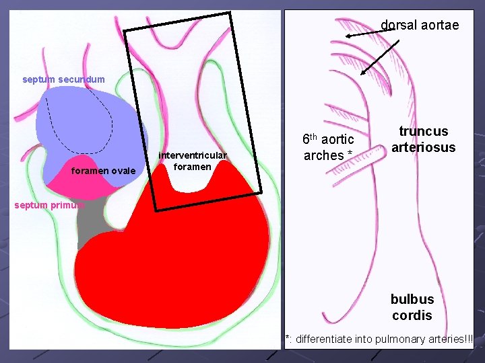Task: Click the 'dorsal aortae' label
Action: (420, 25)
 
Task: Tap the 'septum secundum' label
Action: (63, 79)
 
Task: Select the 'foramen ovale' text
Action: (103, 171)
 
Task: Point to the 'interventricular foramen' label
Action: (193, 161)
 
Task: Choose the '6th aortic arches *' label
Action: (328, 147)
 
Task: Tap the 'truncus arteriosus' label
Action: (423, 139)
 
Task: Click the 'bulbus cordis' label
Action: (412, 307)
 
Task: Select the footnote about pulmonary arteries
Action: (380, 339)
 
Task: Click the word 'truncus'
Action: (423, 131)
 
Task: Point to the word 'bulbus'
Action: (412, 298)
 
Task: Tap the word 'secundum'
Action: (82, 79)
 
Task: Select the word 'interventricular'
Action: (193, 157)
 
